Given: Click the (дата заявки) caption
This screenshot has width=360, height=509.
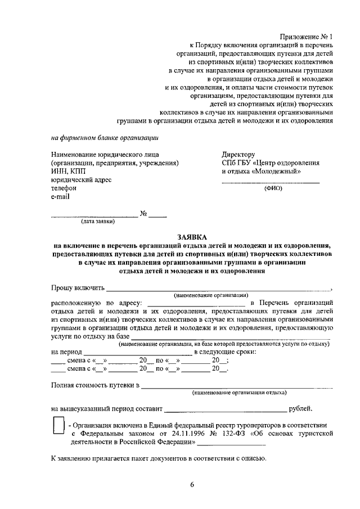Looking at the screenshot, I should click(x=98, y=222).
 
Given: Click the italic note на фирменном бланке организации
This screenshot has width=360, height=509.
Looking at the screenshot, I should click(x=105, y=137).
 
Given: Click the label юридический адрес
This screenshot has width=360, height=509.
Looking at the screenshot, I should click(x=81, y=180).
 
